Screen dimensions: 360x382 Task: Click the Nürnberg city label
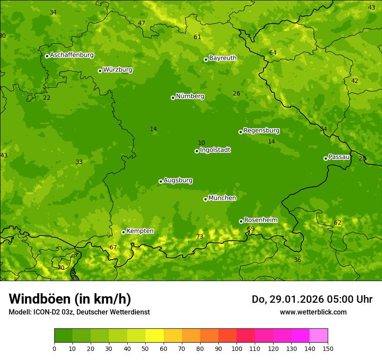point(190,96)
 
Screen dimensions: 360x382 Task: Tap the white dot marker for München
point(205,199)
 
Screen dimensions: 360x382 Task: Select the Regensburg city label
point(261,131)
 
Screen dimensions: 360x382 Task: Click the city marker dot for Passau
point(326,158)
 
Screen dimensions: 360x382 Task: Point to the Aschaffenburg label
point(72,55)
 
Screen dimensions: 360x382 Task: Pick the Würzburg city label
point(118,70)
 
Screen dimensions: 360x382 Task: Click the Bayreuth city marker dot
point(206,59)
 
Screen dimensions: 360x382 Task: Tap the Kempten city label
point(140,231)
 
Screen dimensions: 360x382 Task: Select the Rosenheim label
point(260,220)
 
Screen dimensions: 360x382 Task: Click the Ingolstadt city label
point(215,150)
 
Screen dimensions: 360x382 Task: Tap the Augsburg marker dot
point(161,181)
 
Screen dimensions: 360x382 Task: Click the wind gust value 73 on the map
point(200,237)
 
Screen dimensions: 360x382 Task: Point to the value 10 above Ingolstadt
point(201,143)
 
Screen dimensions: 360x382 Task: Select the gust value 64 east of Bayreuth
point(273,53)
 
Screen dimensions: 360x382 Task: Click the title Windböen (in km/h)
point(70,299)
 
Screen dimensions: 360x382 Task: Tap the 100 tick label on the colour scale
point(237,348)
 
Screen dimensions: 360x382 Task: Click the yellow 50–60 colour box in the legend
point(155,335)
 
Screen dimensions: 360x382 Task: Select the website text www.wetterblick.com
point(313,312)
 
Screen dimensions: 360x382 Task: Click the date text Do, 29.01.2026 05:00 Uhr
point(312,299)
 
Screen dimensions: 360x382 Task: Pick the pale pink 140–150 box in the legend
point(319,335)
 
